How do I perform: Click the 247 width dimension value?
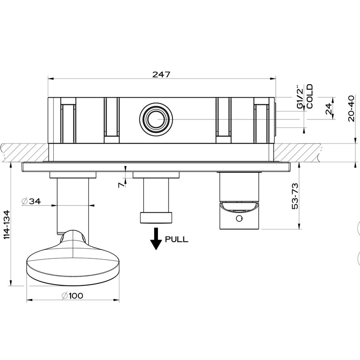point(161,74)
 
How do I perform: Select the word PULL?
point(177,239)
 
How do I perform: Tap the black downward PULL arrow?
point(157,238)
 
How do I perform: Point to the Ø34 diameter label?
point(31,202)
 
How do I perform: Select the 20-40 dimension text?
point(351,108)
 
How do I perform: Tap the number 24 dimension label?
point(328,110)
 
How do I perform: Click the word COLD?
point(310,96)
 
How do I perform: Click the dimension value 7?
point(121,184)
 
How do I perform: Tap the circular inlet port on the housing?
point(156,119)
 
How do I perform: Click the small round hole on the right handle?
point(239,219)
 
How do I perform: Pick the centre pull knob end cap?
point(156,217)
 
